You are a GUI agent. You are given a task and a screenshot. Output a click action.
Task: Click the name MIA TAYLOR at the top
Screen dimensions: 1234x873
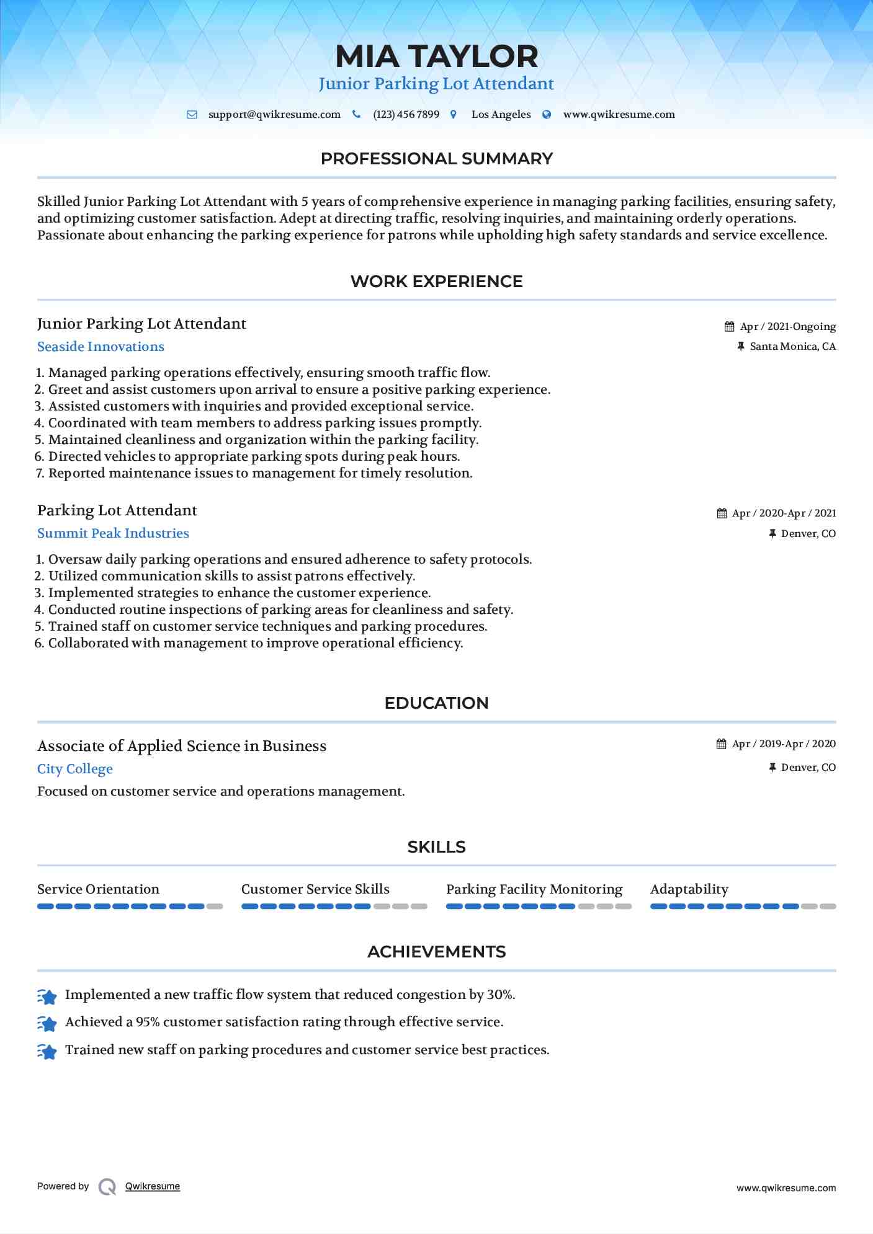[x=436, y=56]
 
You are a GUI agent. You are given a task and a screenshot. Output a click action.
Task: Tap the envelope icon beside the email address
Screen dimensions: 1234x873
[x=192, y=115]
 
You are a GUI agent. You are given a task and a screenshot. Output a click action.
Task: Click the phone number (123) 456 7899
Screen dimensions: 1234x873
[x=406, y=115]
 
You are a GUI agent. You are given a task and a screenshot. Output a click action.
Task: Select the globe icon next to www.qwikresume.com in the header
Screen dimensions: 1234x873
[x=547, y=115]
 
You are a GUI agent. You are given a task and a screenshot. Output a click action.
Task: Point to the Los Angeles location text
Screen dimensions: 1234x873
[x=501, y=115]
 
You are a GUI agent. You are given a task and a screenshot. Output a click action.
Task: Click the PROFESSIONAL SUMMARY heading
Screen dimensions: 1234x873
[x=436, y=159]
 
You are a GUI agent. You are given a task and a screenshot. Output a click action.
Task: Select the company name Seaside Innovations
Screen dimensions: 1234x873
[x=101, y=347]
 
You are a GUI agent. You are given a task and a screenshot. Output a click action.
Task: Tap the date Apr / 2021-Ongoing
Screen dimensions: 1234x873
[x=787, y=327]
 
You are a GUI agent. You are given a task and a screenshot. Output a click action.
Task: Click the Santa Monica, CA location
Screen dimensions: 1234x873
[x=792, y=347]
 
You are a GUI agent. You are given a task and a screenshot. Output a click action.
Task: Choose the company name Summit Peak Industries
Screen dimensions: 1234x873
[x=113, y=533]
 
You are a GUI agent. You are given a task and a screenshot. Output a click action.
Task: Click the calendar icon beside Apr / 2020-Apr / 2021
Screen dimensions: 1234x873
[x=722, y=513]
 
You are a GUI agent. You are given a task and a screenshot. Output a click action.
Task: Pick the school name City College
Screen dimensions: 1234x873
[x=75, y=769]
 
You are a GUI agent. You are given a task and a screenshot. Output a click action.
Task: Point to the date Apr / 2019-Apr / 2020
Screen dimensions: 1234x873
[x=784, y=744]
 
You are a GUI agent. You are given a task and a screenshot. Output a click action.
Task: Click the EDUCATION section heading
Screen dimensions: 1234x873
[x=436, y=703]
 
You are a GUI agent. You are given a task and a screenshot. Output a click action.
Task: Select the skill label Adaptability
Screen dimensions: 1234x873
[x=689, y=889]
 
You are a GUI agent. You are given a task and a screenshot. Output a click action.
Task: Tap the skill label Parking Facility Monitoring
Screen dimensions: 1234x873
[x=534, y=889]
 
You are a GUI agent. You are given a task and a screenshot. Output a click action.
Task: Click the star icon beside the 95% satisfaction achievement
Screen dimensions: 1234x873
[x=47, y=1023]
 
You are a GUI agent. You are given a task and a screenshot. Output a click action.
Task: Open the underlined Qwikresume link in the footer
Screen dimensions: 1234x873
[x=153, y=1186]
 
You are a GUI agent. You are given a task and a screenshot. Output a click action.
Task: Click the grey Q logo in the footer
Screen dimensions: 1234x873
[x=107, y=1186]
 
